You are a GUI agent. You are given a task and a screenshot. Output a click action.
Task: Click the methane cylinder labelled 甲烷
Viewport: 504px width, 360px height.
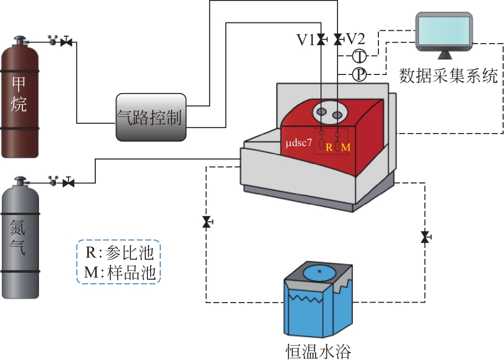pos(20,98)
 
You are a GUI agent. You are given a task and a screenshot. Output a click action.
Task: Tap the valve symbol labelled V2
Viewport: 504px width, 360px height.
pos(338,39)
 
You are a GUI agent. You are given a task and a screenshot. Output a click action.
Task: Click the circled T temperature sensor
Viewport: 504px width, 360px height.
pos(359,56)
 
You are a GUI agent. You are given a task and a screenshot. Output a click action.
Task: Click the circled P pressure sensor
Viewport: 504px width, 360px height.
pos(359,74)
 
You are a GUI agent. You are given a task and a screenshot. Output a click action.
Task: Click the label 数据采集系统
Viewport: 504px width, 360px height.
pos(449,76)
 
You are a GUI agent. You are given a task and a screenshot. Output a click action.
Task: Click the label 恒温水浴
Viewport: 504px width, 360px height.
pos(318,351)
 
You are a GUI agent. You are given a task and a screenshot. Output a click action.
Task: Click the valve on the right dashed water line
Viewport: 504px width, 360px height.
pos(425,237)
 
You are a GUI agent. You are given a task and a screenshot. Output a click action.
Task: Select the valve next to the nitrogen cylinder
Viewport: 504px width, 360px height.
pos(68,182)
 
